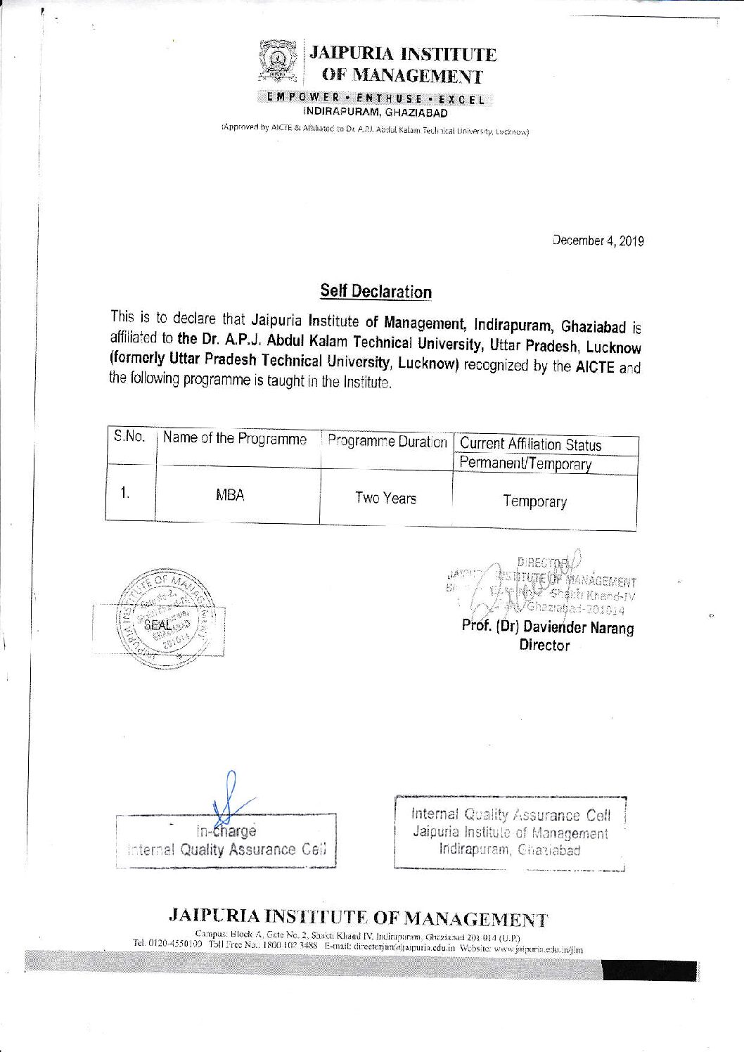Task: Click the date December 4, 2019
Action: click(x=598, y=240)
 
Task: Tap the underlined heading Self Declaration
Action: click(x=376, y=291)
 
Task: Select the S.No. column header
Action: click(x=129, y=437)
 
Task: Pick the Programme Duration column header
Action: click(x=387, y=442)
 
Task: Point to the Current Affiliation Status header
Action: click(x=530, y=444)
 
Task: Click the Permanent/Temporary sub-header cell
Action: click(x=525, y=463)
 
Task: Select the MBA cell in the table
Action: click(x=230, y=495)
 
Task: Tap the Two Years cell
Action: click(x=385, y=499)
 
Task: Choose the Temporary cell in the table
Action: click(x=534, y=501)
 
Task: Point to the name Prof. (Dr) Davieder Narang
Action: click(x=547, y=627)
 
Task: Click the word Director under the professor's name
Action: click(x=544, y=645)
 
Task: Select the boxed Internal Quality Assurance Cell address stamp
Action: click(x=510, y=833)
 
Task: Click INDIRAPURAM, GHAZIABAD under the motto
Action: click(x=375, y=113)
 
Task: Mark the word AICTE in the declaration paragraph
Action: click(x=595, y=367)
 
